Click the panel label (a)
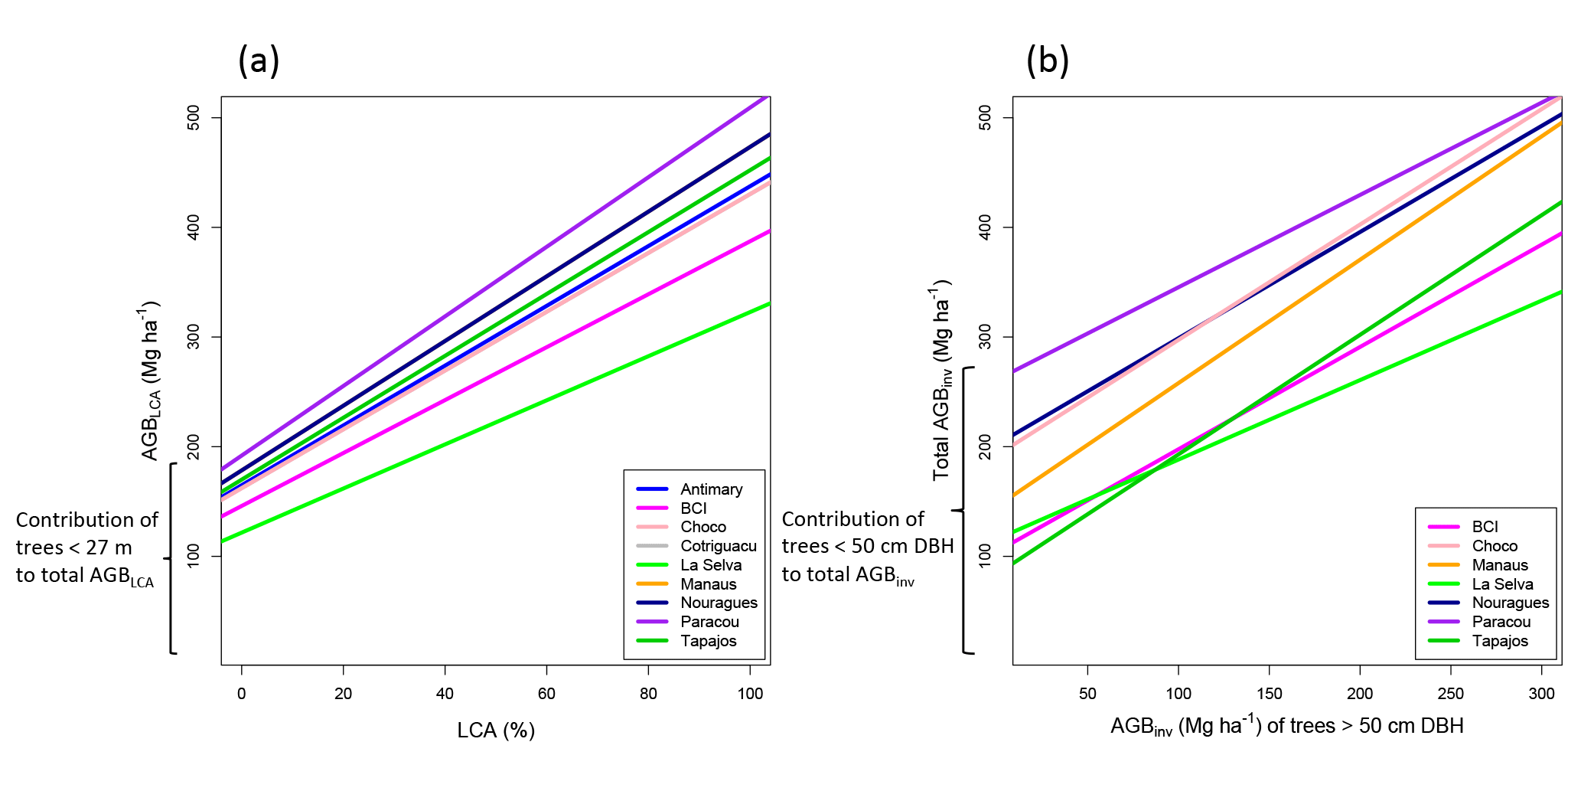click(x=259, y=60)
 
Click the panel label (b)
click(x=1047, y=60)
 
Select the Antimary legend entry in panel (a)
click(x=711, y=489)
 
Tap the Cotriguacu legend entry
click(x=718, y=546)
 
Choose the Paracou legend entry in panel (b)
click(x=1501, y=622)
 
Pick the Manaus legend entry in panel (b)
click(x=1499, y=565)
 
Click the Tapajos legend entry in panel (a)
click(x=708, y=641)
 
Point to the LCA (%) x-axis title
click(x=496, y=731)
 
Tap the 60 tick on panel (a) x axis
click(x=546, y=694)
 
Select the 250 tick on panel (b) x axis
click(x=1450, y=694)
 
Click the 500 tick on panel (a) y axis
click(x=194, y=118)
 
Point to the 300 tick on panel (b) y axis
click(x=985, y=337)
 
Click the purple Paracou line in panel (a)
click(x=496, y=269)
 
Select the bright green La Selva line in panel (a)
click(x=496, y=423)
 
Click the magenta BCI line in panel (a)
click(x=496, y=374)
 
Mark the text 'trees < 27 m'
click(x=74, y=547)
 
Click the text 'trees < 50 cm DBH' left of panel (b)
click(x=868, y=546)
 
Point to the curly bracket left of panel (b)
click(x=966, y=510)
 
